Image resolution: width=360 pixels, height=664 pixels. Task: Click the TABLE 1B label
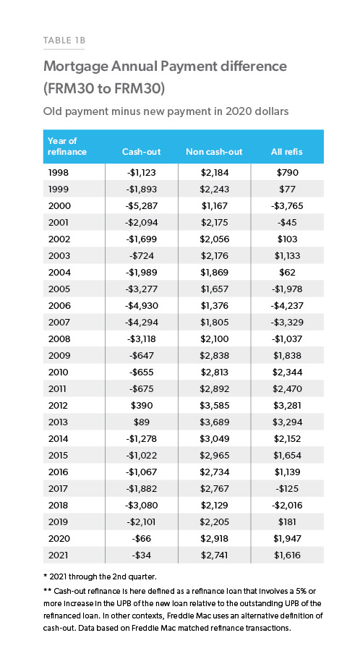(64, 41)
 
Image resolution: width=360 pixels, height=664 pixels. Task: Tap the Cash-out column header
(141, 152)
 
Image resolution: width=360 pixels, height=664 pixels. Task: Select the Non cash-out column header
(214, 152)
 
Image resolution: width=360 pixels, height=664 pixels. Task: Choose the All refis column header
(287, 152)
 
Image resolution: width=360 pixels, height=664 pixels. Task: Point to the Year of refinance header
(67, 146)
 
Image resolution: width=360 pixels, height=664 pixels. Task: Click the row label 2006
(59, 306)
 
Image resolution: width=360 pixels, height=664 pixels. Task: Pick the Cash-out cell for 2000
(141, 206)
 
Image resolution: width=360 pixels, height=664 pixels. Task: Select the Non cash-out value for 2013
(214, 422)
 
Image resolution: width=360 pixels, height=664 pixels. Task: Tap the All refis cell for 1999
(287, 190)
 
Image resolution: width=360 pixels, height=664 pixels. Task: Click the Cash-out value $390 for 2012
(141, 406)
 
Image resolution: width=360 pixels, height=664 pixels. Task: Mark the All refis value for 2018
(287, 505)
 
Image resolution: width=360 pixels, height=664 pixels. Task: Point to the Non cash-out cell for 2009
(214, 356)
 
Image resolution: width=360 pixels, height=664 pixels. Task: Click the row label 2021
(58, 556)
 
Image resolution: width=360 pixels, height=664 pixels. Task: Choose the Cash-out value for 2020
(141, 539)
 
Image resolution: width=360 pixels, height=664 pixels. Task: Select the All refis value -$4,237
(287, 306)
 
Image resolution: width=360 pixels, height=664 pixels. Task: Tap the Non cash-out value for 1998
(214, 173)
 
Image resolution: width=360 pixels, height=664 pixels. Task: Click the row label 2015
(59, 456)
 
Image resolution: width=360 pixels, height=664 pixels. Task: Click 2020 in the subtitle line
(238, 111)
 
